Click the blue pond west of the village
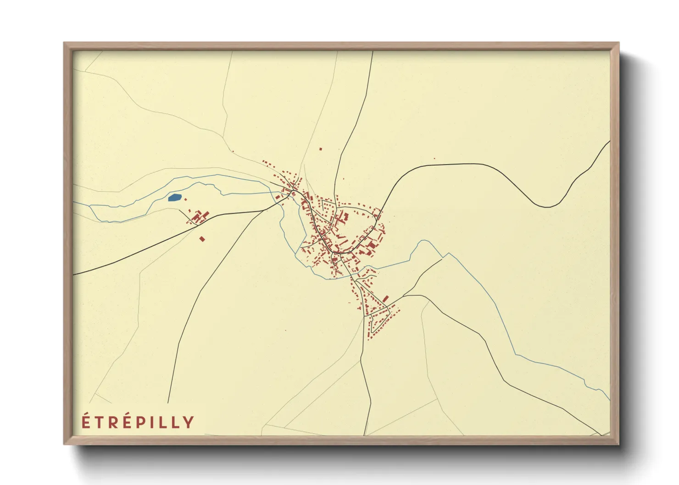(174, 198)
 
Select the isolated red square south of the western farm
(202, 239)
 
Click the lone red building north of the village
(321, 149)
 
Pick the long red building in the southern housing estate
(385, 299)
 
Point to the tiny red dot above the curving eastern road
(434, 159)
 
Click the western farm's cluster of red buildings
(199, 216)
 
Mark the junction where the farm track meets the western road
(197, 225)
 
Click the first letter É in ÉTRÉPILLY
(86, 421)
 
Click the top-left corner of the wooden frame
(64, 43)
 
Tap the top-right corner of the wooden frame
(618, 43)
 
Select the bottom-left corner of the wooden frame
(64, 444)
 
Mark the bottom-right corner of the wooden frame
(618, 444)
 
